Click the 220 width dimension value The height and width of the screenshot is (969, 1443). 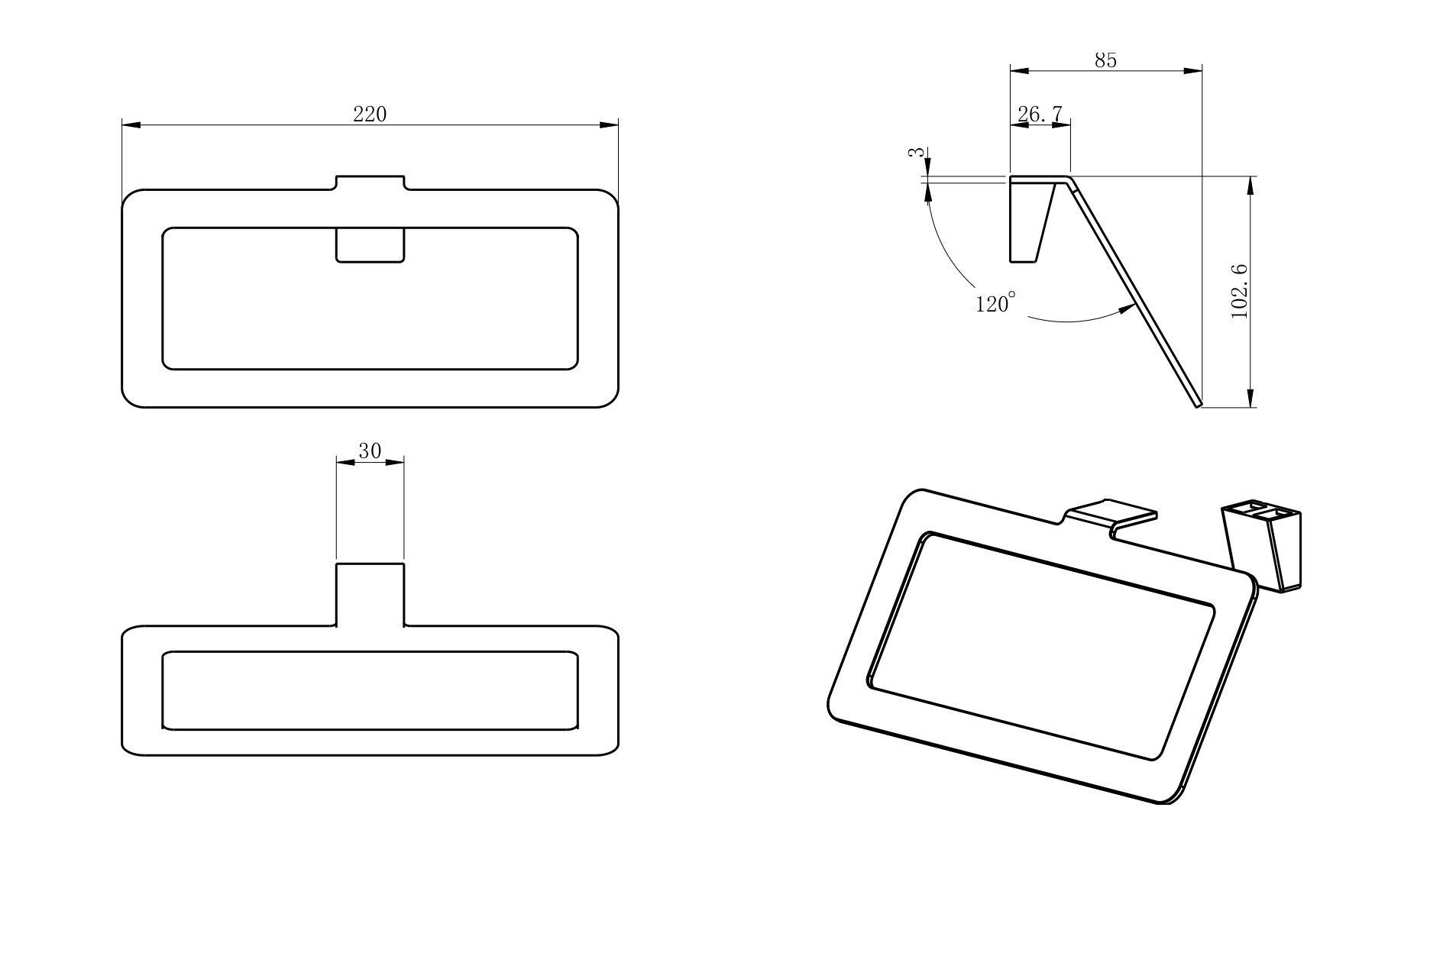[370, 114]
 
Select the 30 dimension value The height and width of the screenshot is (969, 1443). [370, 451]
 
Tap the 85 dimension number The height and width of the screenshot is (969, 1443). [1105, 60]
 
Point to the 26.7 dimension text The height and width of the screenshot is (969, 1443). [1040, 114]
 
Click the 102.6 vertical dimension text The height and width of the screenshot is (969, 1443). [1240, 291]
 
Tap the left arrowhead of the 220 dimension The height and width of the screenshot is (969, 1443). [131, 124]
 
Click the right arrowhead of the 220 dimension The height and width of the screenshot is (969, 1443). [609, 124]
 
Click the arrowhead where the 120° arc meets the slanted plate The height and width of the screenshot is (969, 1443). [1127, 308]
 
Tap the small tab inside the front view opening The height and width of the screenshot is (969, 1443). [370, 245]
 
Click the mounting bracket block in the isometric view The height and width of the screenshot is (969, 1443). [1261, 545]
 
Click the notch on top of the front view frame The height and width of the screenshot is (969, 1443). [370, 183]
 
